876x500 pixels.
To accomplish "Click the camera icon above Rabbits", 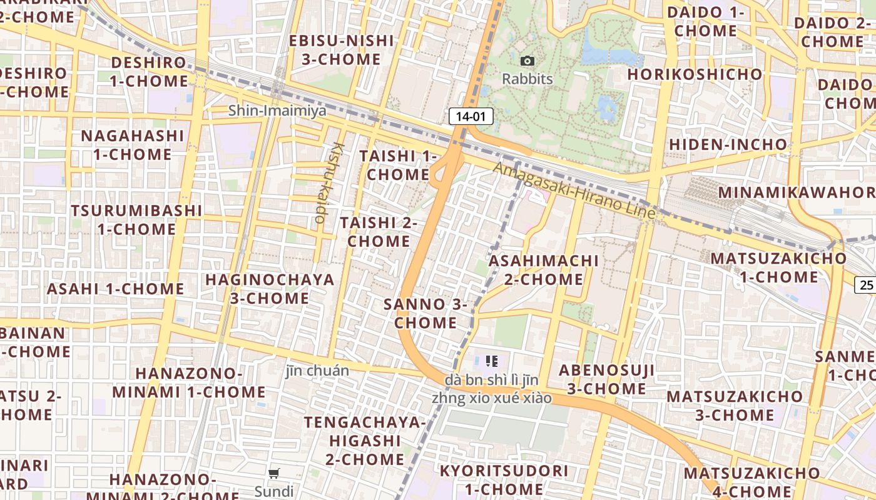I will point(527,61).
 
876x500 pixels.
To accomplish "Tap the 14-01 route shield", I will point(471,116).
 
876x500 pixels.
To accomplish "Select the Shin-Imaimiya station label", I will point(277,111).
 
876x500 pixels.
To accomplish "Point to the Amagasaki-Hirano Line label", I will point(574,190).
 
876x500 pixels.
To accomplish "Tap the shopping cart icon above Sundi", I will point(274,473).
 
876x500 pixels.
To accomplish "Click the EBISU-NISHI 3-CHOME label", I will point(342,51).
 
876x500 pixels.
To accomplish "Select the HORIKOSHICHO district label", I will point(695,74).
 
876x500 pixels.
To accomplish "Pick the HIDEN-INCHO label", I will point(728,144).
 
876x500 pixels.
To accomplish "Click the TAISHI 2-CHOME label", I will point(379,232).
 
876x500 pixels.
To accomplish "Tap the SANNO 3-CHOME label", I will point(425,314).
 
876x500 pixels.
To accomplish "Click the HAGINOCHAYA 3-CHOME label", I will point(270,289).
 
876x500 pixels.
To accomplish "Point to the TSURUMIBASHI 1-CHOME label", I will point(136,219).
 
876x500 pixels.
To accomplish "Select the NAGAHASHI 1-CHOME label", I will point(133,145).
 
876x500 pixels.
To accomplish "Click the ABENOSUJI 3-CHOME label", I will point(606,379).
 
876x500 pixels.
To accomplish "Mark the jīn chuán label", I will point(317,371).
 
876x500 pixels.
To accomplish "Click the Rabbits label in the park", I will point(527,79).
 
